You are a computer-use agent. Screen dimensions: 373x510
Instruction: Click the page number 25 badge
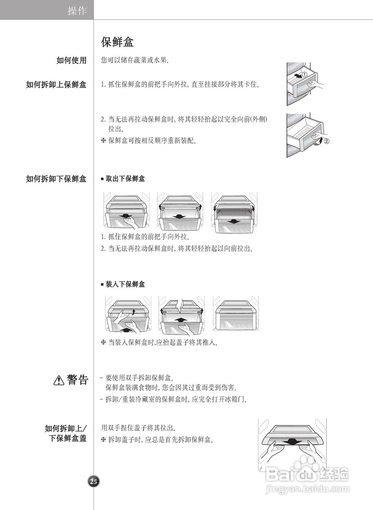pos(93,481)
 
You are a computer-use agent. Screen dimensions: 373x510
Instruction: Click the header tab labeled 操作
pos(77,11)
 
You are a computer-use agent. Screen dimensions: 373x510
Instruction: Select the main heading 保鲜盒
pos(117,42)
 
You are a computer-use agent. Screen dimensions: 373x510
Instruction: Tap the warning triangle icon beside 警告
pos(59,381)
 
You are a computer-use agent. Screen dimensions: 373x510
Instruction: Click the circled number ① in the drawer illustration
pos(304,75)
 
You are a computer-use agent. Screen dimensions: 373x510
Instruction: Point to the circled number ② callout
pos(326,141)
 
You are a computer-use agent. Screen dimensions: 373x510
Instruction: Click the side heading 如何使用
pos(71,61)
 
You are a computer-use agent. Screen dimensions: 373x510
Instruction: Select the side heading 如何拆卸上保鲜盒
pos(56,84)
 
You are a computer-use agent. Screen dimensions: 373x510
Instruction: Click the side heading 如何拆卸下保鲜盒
pos(56,179)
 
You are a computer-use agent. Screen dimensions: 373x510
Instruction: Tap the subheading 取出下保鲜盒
pos(125,179)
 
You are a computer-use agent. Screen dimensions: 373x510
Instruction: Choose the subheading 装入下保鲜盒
pos(125,284)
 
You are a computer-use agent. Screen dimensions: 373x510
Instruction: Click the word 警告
pos(77,380)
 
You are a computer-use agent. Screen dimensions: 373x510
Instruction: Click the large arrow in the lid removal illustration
pos(294,442)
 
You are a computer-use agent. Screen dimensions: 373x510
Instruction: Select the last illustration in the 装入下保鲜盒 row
pos(236,314)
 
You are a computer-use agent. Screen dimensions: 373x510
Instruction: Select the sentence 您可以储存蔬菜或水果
pos(136,61)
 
